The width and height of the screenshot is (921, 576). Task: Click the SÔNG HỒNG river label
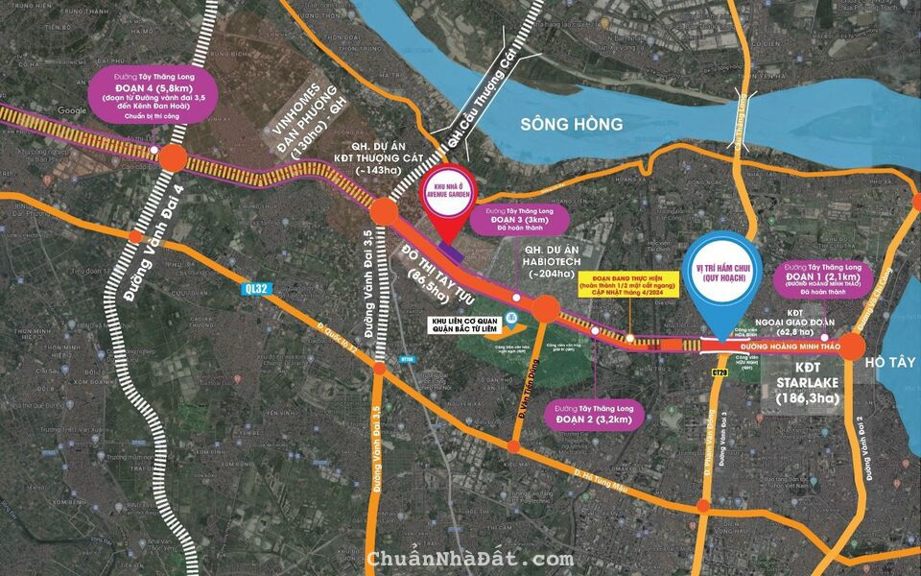pos(572,124)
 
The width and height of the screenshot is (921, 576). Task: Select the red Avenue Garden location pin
pos(443,204)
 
